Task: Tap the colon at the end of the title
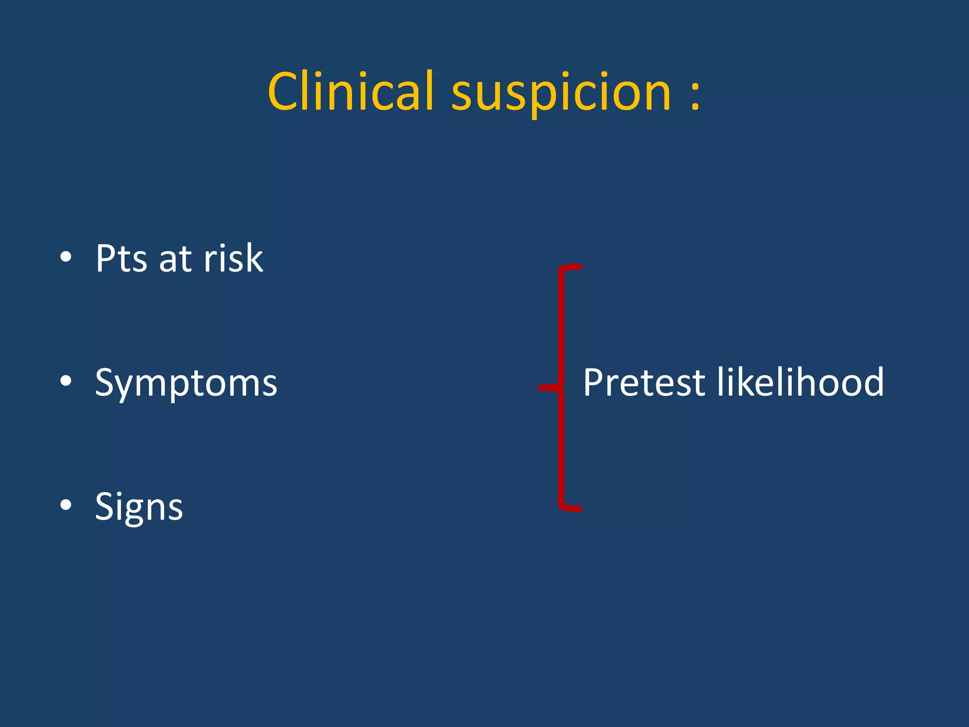tap(695, 95)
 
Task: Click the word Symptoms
tap(186, 383)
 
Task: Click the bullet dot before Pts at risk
tap(66, 257)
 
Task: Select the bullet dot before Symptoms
tap(66, 381)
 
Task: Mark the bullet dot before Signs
tap(66, 505)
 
